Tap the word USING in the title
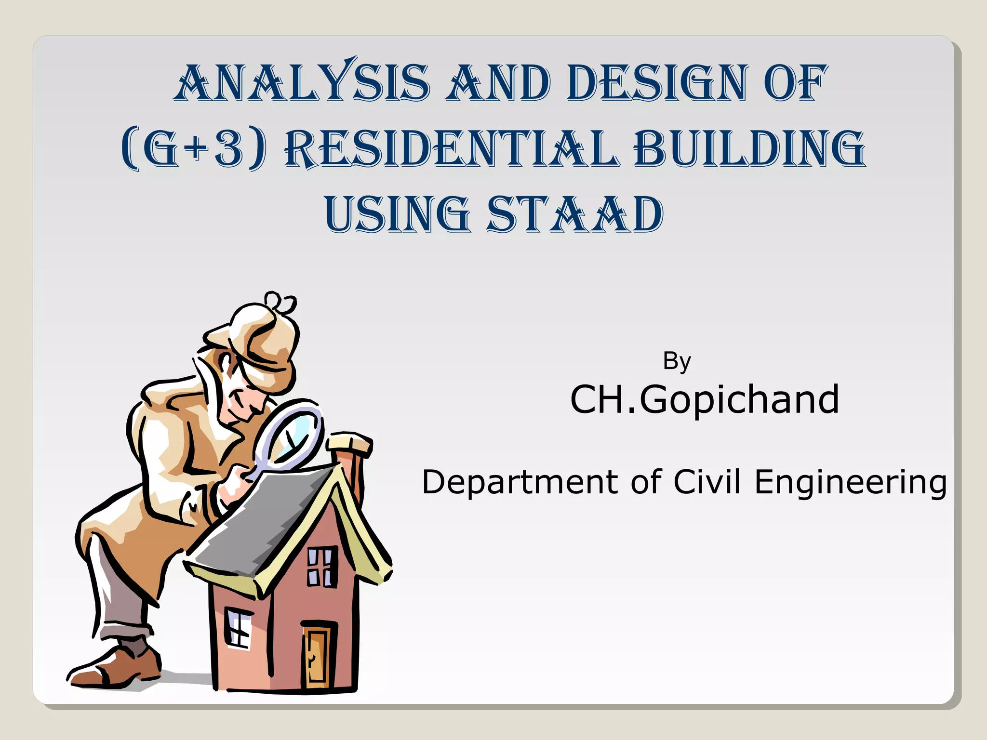click(397, 214)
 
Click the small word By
click(677, 361)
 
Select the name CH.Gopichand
click(704, 400)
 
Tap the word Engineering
click(850, 483)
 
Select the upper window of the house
click(321, 567)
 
